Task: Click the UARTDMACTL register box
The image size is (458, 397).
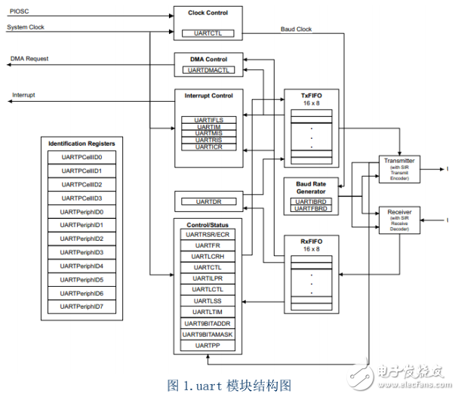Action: (x=207, y=70)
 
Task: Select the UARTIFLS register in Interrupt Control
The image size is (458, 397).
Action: (x=207, y=119)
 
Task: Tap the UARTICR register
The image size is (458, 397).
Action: (x=207, y=146)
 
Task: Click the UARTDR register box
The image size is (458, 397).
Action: (x=207, y=202)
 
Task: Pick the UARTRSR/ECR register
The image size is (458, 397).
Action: (x=207, y=235)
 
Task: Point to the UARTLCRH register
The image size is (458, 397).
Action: (x=207, y=257)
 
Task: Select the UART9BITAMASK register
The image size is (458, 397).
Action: (x=207, y=334)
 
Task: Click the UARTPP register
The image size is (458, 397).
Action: (x=207, y=345)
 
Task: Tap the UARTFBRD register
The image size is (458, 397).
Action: (x=310, y=208)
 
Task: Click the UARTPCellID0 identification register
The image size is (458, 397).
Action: (x=81, y=157)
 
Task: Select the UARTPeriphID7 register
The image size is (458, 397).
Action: (x=81, y=306)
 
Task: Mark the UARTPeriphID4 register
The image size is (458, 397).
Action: (x=81, y=266)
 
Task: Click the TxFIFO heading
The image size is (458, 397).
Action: (x=310, y=95)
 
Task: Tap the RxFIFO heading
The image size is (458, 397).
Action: (x=310, y=241)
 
